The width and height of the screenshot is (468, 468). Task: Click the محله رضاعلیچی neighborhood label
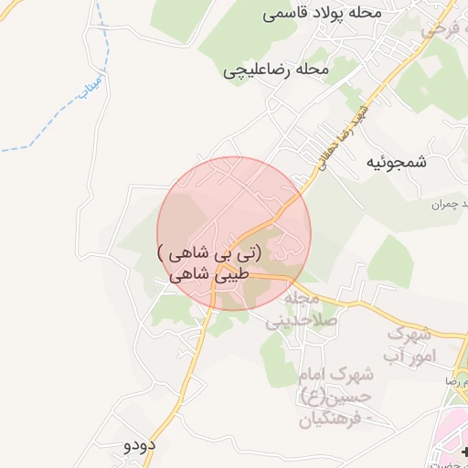tap(275, 69)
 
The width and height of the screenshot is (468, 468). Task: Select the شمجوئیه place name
tap(396, 162)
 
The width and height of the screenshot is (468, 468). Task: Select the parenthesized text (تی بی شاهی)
tap(209, 251)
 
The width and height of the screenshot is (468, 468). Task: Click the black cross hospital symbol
tap(463, 452)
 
